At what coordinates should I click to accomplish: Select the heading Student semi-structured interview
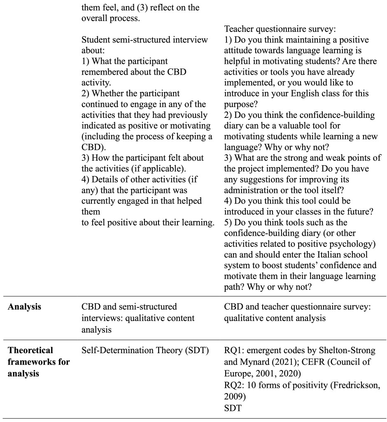click(145, 40)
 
